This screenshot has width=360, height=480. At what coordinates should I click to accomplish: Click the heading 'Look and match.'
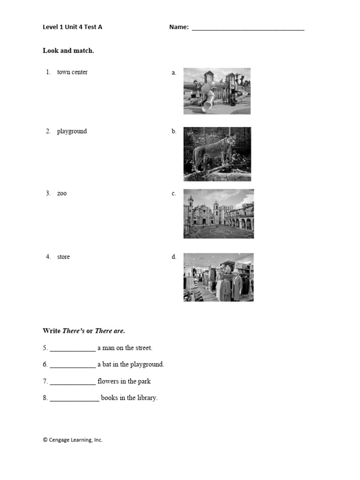pos(68,51)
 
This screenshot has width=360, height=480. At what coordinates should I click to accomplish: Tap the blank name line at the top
pos(248,29)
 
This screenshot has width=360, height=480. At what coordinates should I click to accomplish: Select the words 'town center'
pos(72,72)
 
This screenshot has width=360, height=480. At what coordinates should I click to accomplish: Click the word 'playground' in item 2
pos(72,131)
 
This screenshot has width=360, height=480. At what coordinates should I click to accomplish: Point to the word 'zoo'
pos(62,194)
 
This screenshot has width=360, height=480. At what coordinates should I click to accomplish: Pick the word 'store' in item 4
pos(63,257)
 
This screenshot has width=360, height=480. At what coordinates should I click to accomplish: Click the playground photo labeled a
pos(217,91)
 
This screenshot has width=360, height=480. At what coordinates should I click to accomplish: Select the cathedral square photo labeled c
pos(218,214)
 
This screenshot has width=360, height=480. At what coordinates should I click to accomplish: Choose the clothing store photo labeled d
pos(218,277)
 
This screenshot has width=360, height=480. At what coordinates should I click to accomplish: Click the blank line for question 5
pos(73,349)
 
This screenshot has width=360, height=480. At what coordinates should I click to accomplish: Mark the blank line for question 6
pos(73,366)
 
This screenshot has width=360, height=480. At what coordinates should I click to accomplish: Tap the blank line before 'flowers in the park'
pos(73,382)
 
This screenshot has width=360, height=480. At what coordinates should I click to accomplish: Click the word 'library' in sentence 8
pos(147,398)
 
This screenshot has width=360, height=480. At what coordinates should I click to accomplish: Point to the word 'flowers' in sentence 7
pos(109,381)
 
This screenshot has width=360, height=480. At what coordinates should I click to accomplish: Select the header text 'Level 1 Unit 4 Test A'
pos(72,27)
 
